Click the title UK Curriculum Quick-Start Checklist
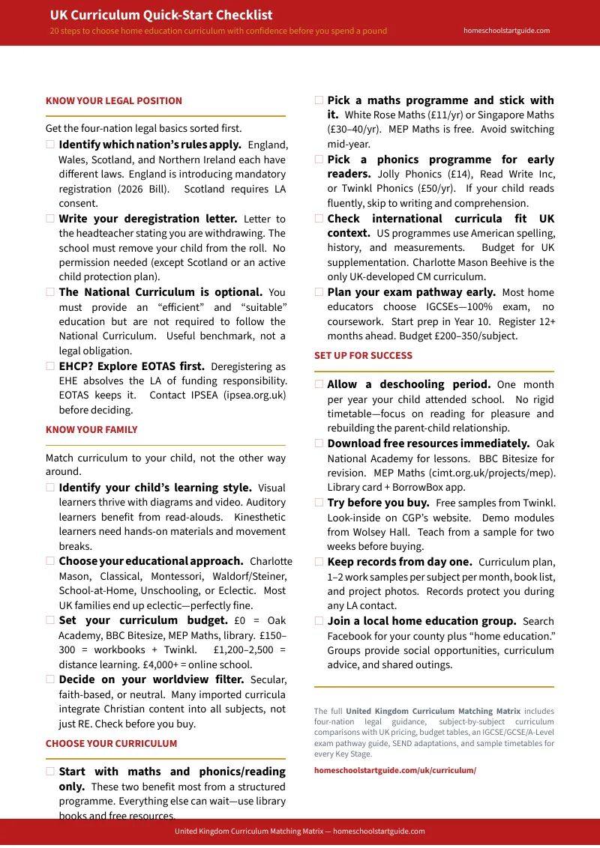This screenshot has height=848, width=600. click(160, 15)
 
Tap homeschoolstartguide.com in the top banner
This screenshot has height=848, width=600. click(506, 31)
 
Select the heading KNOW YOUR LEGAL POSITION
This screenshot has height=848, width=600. click(113, 100)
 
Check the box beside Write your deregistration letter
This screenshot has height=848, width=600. click(50, 219)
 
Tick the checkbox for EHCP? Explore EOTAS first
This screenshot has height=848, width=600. click(50, 366)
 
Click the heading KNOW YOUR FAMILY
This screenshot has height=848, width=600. click(91, 429)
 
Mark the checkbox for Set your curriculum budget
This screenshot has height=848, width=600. click(50, 620)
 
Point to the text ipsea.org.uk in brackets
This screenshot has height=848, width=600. click(254, 395)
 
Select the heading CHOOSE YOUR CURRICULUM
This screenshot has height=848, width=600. click(111, 743)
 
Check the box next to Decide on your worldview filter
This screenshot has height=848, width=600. click(50, 679)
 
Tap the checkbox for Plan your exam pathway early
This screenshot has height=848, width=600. click(319, 292)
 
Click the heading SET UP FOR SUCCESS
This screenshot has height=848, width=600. click(363, 355)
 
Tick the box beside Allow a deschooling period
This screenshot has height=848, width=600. click(319, 384)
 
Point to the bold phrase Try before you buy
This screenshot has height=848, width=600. click(378, 503)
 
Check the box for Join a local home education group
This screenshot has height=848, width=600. click(319, 621)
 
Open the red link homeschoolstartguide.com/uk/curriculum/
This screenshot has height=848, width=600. click(394, 770)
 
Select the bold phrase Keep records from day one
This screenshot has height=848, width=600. click(399, 562)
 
